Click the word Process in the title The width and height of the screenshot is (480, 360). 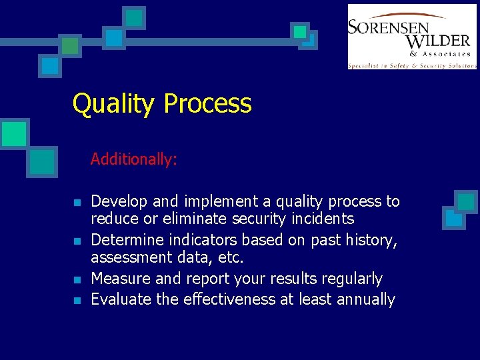207,105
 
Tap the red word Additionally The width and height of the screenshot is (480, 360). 133,159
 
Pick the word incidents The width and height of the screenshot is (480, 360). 324,219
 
